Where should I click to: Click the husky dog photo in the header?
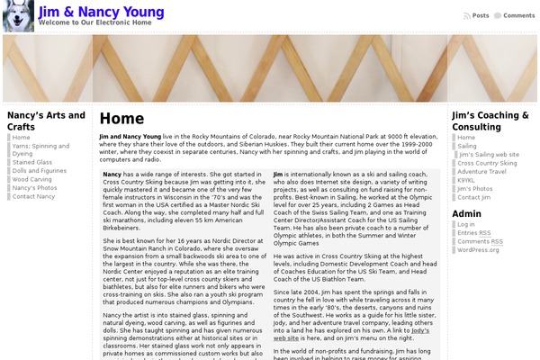coord(19,17)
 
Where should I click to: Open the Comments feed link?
coord(518,15)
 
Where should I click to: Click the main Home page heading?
coord(121,118)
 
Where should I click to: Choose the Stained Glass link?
coord(31,162)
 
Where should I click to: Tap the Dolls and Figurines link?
coord(40,170)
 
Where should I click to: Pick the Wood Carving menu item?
coord(32,179)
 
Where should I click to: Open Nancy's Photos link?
coord(34,187)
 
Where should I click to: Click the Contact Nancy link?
coord(33,196)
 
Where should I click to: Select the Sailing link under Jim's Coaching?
coord(467,146)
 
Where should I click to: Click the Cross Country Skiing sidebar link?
coord(487,163)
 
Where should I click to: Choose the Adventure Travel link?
coord(481,171)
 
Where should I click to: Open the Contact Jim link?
coord(473,197)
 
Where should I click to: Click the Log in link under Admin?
coord(466,224)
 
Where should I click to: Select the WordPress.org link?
coord(478,250)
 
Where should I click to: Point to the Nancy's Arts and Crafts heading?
coord(46,121)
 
